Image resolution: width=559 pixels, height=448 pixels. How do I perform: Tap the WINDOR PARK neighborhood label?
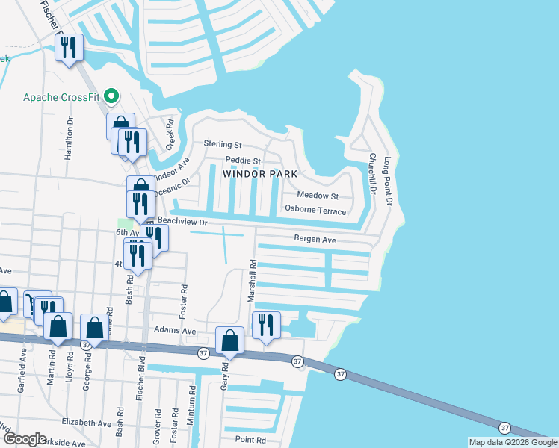point(259,173)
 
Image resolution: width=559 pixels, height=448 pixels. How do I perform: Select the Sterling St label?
point(223,144)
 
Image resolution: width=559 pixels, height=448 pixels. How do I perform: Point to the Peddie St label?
point(242,161)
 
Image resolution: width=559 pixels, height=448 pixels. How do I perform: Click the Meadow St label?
point(318,196)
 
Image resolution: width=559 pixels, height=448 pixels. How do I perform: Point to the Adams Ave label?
point(175,330)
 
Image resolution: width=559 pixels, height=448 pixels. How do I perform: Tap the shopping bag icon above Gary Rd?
point(231,340)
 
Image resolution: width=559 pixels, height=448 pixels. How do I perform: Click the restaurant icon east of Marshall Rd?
point(266,325)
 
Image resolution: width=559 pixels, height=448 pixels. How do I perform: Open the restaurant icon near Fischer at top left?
point(69,49)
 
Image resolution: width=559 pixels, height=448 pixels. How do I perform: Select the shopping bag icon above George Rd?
point(95,328)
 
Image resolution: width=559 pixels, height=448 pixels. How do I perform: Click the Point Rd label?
point(250,440)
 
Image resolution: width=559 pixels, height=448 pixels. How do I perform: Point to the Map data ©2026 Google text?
point(512,442)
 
